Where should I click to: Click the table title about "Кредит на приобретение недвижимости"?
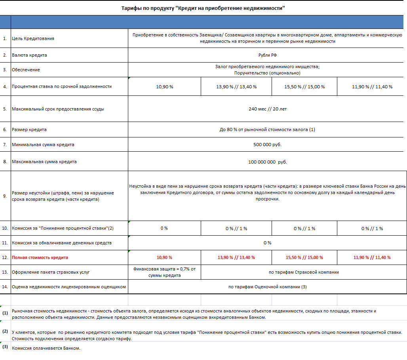coord(203,8)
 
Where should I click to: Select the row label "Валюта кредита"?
coord(29,55)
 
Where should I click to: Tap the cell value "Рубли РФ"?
coord(267,55)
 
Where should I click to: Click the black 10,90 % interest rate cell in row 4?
coord(165,87)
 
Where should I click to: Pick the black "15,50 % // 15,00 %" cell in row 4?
coord(304,87)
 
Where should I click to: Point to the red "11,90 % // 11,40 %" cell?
coord(372,257)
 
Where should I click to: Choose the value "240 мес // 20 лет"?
coord(267,109)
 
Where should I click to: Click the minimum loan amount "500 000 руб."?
coord(267,145)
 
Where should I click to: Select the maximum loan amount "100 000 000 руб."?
coord(267,162)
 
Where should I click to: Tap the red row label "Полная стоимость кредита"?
coord(40,257)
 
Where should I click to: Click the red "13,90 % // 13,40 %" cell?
coord(236,257)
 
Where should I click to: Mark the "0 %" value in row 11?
coord(267,243)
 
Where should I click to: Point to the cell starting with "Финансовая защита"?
coord(164,272)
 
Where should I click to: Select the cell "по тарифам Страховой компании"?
coord(304,272)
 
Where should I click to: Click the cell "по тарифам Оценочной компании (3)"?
coord(267,287)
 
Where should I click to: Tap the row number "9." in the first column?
coord(5,196)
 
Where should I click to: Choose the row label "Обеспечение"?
coord(26,70)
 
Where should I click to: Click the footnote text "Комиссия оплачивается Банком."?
coord(46,349)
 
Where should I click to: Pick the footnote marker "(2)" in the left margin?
coord(5,331)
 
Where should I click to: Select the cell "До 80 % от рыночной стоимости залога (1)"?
coord(267,130)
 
